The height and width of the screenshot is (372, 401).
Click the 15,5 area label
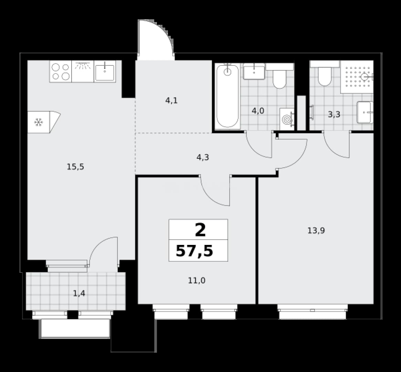pyautogui.click(x=75, y=167)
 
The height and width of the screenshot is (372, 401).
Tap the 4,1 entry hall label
pyautogui.click(x=171, y=101)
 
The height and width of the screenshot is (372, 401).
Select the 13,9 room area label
pyautogui.click(x=316, y=231)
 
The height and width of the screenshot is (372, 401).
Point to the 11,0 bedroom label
pyautogui.click(x=197, y=281)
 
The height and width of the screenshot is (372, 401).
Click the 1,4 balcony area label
pyautogui.click(x=79, y=293)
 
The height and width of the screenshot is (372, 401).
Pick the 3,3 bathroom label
pyautogui.click(x=334, y=115)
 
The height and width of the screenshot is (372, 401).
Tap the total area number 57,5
pyautogui.click(x=194, y=251)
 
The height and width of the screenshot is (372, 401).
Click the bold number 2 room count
pyautogui.click(x=200, y=230)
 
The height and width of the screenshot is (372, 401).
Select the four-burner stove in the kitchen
pyautogui.click(x=61, y=72)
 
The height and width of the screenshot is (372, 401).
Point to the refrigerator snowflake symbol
pyautogui.click(x=39, y=122)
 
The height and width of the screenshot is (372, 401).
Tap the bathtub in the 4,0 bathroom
pyautogui.click(x=228, y=96)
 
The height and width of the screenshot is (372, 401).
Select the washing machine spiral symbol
pyautogui.click(x=287, y=120)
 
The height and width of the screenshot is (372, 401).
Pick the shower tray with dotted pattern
pyautogui.click(x=357, y=77)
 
